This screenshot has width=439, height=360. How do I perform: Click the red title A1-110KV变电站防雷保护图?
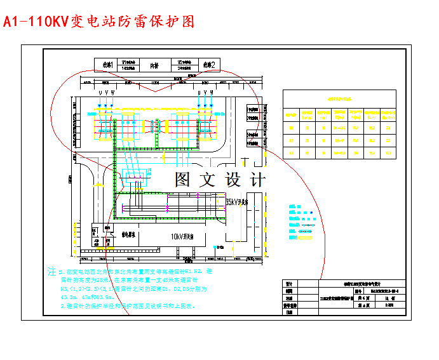pyautogui.click(x=98, y=22)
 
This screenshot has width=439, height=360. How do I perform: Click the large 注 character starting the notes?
pyautogui.click(x=51, y=271)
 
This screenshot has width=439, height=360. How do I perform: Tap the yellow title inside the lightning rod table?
pyautogui.click(x=339, y=99)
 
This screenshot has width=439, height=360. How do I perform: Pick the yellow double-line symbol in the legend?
pyautogui.click(x=307, y=239)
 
